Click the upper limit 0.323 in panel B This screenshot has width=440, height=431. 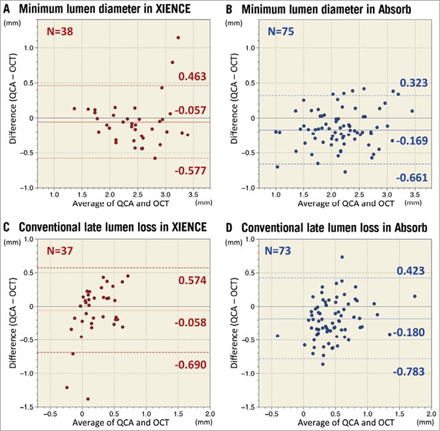pyautogui.click(x=413, y=84)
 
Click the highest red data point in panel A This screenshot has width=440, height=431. pyautogui.click(x=178, y=38)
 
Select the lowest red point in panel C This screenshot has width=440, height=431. pyautogui.click(x=88, y=398)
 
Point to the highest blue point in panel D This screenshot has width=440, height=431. pyautogui.click(x=342, y=257)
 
